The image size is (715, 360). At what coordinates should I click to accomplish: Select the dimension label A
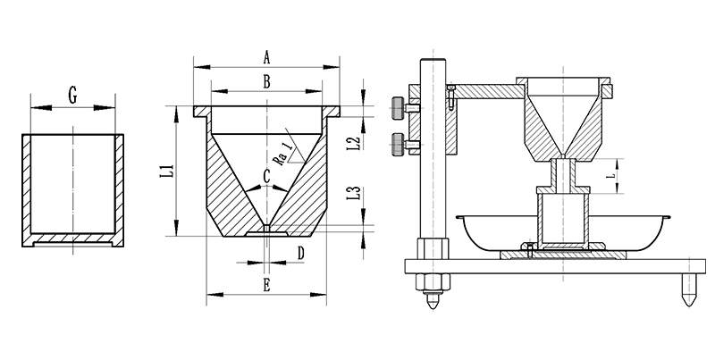266,57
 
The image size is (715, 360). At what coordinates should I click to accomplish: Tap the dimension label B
266,81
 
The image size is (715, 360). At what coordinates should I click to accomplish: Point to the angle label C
266,176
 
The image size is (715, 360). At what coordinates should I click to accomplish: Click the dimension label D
300,254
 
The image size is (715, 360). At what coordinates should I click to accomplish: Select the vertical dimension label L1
164,169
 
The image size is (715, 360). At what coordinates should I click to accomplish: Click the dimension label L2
353,141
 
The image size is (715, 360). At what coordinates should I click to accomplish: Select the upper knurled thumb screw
397,107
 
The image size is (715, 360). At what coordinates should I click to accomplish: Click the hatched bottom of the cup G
72,239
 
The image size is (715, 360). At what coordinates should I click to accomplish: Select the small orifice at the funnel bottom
266,230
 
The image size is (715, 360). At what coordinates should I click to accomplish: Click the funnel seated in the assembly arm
562,121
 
